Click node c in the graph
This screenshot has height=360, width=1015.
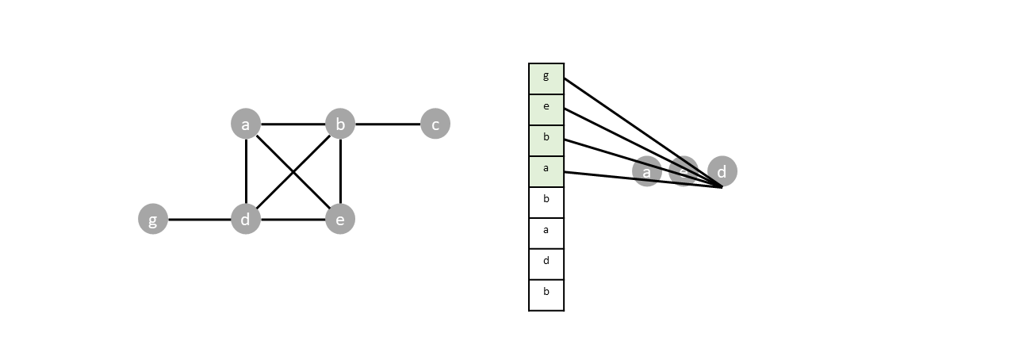click(435, 124)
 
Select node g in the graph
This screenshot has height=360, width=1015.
click(153, 219)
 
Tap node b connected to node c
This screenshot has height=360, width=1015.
click(340, 124)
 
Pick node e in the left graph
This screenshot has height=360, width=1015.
click(340, 219)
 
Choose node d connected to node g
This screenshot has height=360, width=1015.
click(246, 219)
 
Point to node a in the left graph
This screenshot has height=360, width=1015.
click(246, 124)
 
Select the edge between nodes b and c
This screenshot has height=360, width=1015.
click(388, 124)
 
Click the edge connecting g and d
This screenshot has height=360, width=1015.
click(199, 219)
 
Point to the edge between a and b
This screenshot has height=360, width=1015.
click(293, 124)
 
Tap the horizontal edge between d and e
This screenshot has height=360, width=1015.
click(293, 219)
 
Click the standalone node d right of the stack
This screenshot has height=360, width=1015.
click(722, 170)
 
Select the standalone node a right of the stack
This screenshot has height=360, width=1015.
click(646, 171)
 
